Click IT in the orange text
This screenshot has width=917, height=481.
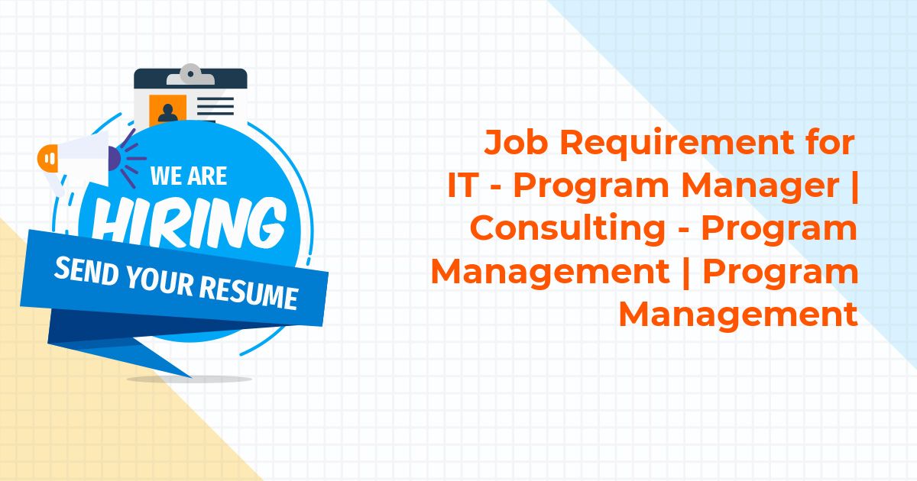(x=463, y=186)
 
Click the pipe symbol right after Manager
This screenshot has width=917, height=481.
(x=854, y=186)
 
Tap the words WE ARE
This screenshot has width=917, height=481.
(x=189, y=176)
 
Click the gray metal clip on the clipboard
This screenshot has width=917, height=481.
(x=190, y=75)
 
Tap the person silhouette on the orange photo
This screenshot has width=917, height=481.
(x=168, y=113)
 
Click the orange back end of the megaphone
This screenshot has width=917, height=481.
(x=47, y=158)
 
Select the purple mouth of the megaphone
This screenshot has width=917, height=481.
(x=114, y=159)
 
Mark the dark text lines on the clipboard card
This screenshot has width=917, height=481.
(x=215, y=107)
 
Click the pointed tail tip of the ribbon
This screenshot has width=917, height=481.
(x=191, y=376)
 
